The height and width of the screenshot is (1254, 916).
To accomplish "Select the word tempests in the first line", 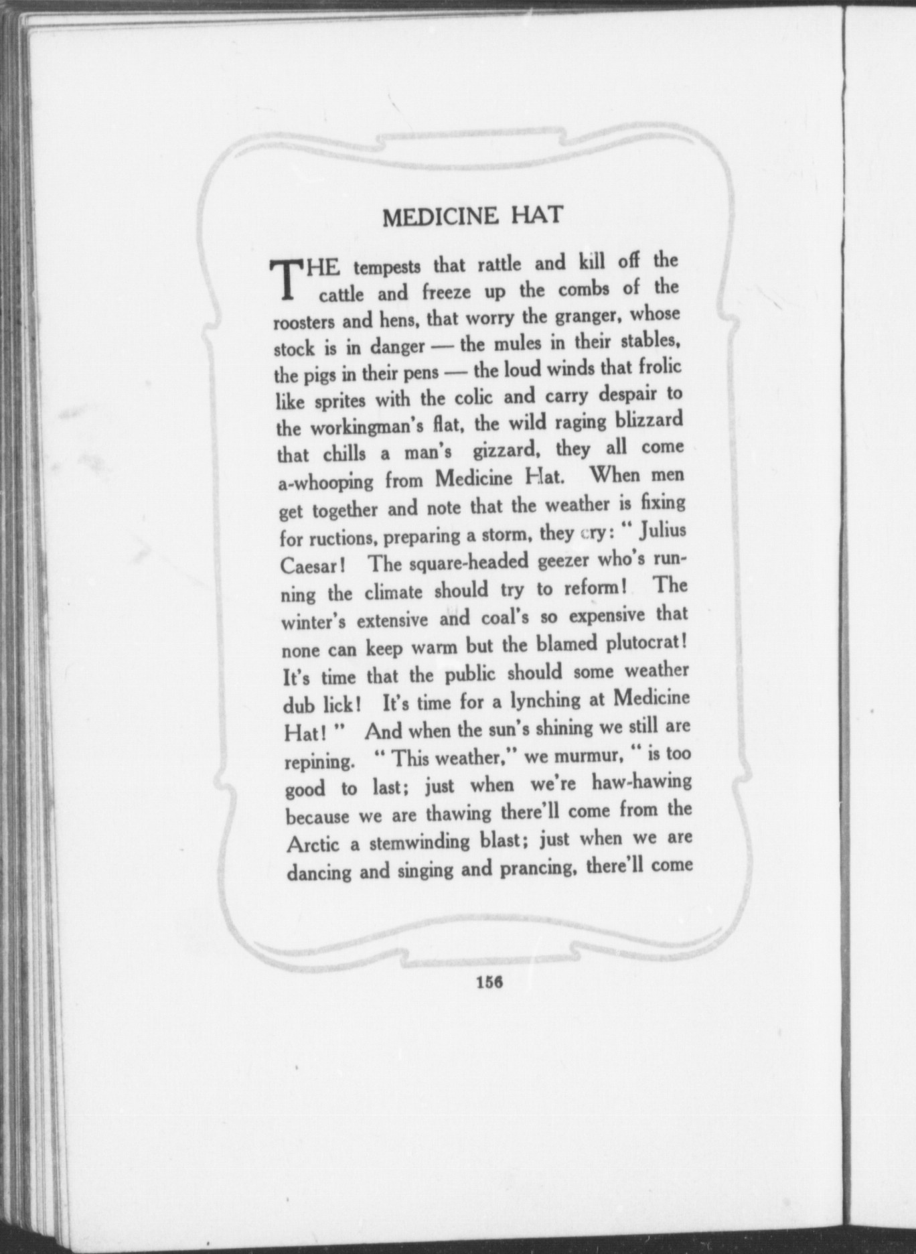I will tap(387, 267).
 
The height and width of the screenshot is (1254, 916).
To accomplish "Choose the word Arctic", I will tap(313, 844).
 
